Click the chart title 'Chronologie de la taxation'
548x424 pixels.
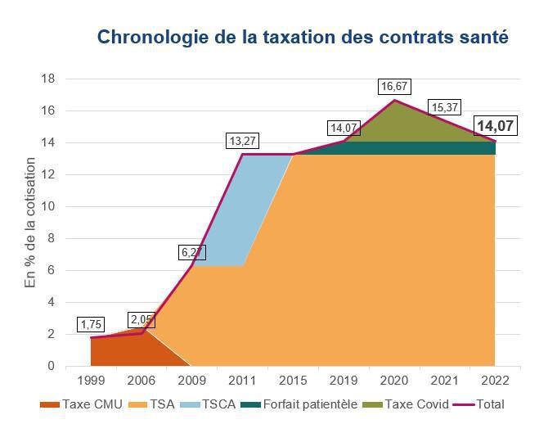303,38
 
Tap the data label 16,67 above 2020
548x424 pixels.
394,86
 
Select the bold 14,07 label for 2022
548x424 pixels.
495,126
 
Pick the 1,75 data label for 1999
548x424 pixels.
92,325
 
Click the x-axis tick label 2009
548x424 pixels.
191,381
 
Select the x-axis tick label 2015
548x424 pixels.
293,381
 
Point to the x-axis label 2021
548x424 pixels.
444,381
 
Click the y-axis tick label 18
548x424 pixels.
47,79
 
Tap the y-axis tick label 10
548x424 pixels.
47,206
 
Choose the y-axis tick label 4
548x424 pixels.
51,302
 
